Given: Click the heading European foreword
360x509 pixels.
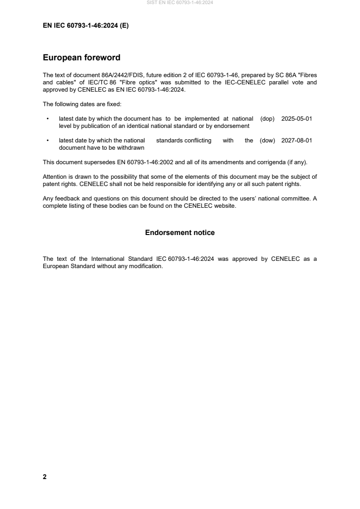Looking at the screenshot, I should [x=81, y=58].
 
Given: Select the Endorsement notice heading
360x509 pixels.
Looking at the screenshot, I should [x=180, y=233].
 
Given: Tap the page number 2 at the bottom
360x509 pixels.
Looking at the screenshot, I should [x=44, y=477].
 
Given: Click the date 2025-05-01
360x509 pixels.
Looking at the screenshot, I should [x=296, y=119].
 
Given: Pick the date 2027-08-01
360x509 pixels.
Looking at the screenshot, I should [x=296, y=141].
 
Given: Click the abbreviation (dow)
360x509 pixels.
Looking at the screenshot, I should [x=267, y=141].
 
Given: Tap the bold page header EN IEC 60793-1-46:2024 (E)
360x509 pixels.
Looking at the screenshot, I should [x=85, y=26].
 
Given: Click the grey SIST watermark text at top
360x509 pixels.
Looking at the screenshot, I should [x=180, y=3].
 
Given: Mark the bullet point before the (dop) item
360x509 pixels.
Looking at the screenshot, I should [x=47, y=119].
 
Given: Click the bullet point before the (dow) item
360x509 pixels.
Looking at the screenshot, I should [x=47, y=141].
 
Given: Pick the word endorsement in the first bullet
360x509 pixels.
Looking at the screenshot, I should [x=228, y=126].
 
